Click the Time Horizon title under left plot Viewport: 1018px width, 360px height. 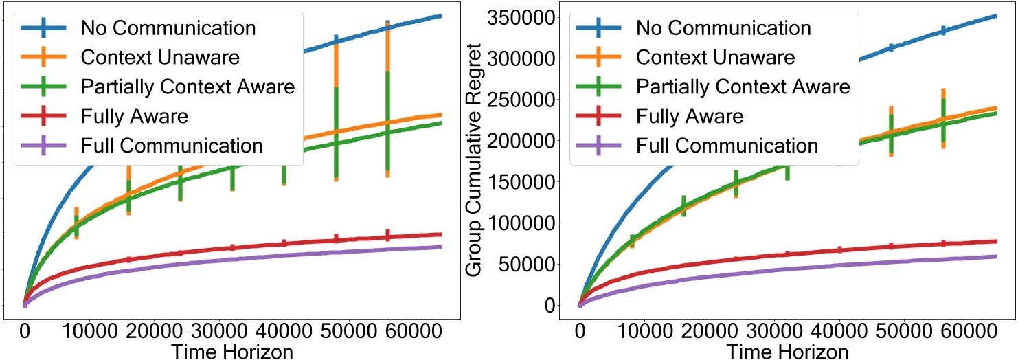click(232, 351)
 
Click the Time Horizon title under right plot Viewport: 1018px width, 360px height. click(787, 351)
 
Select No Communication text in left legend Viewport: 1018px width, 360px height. click(168, 28)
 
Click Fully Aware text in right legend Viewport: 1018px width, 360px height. click(690, 116)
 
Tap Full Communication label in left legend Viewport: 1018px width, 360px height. click(172, 146)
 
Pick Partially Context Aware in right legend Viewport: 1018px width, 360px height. click(743, 87)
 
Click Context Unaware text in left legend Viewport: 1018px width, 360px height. click(160, 57)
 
